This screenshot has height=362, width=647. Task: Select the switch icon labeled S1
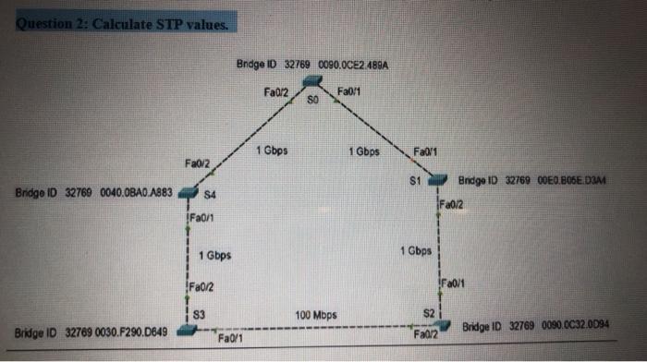pyautogui.click(x=437, y=179)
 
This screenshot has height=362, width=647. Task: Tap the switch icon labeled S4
pyautogui.click(x=189, y=193)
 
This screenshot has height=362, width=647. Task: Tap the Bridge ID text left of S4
pyautogui.click(x=93, y=193)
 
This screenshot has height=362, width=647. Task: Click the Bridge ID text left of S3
pyautogui.click(x=90, y=332)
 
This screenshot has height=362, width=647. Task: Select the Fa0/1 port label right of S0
pyautogui.click(x=351, y=90)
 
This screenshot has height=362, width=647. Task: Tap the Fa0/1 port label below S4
pyautogui.click(x=201, y=217)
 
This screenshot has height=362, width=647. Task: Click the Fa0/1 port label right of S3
pyautogui.click(x=228, y=339)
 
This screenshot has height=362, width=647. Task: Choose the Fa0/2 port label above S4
pyautogui.click(x=197, y=163)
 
